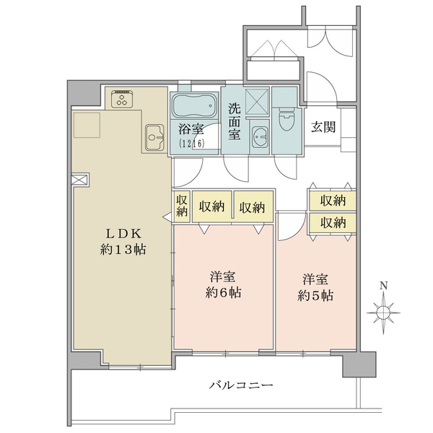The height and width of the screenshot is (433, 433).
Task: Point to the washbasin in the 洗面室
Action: tap(261, 136)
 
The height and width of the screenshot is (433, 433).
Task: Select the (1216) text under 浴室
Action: tap(192, 144)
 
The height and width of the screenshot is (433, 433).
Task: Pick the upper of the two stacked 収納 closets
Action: tap(332, 200)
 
